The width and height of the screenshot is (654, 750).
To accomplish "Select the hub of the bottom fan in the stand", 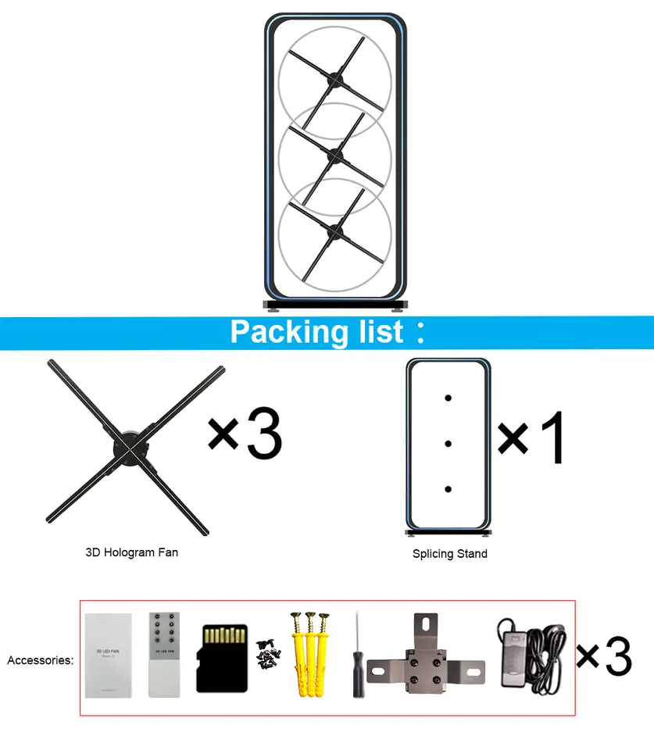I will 336,228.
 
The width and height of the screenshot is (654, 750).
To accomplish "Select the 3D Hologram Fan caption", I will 131,552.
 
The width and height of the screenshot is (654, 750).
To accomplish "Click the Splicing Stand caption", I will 449,554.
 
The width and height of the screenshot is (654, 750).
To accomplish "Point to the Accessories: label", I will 40,660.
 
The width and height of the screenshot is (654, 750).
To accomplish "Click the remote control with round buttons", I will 164,655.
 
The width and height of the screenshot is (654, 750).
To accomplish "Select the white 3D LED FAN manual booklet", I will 108,655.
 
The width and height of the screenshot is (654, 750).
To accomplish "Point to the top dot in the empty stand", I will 448,398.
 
